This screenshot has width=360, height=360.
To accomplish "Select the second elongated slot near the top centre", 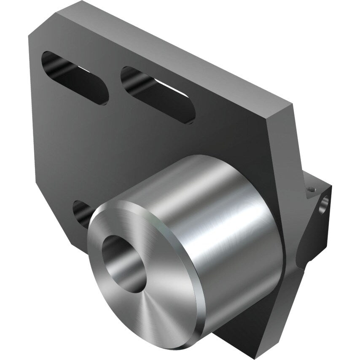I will pos(158,95).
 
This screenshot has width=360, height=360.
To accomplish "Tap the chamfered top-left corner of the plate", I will pos(42,23).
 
